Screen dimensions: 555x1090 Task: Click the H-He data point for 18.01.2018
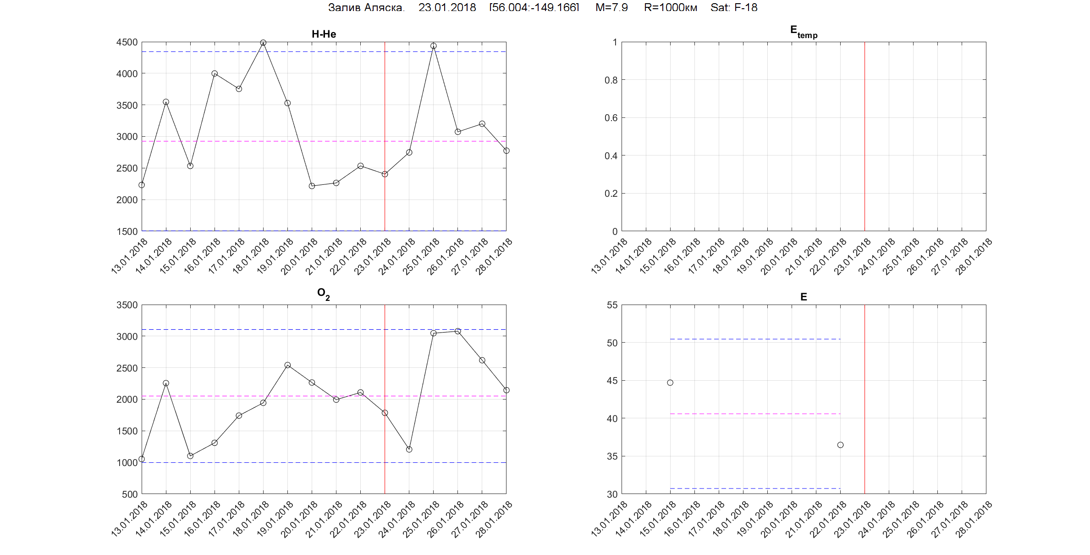pyautogui.click(x=263, y=43)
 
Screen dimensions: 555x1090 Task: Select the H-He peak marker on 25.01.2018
pyautogui.click(x=433, y=46)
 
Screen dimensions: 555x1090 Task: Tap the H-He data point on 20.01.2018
pyautogui.click(x=312, y=186)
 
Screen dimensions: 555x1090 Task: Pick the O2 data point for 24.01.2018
pyautogui.click(x=409, y=450)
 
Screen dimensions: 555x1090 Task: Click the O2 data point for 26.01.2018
pyautogui.click(x=457, y=331)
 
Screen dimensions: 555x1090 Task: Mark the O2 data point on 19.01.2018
pyautogui.click(x=287, y=365)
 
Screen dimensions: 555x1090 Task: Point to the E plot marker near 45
pyautogui.click(x=670, y=383)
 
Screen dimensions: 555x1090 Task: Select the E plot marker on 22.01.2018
pyautogui.click(x=840, y=445)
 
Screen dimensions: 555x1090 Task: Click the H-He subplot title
pyautogui.click(x=324, y=34)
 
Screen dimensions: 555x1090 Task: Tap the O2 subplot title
pyautogui.click(x=324, y=294)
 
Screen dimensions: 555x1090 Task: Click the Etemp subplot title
pyautogui.click(x=804, y=32)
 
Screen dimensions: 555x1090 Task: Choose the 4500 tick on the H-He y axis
pyautogui.click(x=127, y=42)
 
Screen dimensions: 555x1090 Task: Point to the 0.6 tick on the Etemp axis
pyautogui.click(x=611, y=118)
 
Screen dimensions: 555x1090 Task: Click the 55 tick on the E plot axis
pyautogui.click(x=612, y=305)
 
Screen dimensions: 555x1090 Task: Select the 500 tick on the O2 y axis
pyautogui.click(x=130, y=494)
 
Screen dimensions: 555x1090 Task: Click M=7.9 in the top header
pyautogui.click(x=611, y=8)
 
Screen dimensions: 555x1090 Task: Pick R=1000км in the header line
pyautogui.click(x=670, y=8)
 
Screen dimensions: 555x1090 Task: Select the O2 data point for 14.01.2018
pyautogui.click(x=166, y=383)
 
